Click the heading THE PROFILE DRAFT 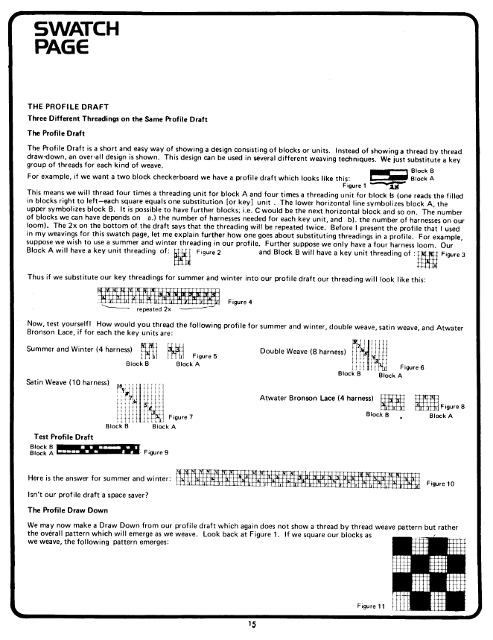68,107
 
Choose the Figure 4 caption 240,302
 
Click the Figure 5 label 205,357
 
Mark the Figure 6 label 412,367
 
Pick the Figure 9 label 156,452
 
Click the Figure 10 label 440,484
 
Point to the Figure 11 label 369,606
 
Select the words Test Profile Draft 64,436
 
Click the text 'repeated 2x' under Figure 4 154,307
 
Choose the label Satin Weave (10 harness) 68,382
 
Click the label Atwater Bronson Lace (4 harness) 317,399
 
